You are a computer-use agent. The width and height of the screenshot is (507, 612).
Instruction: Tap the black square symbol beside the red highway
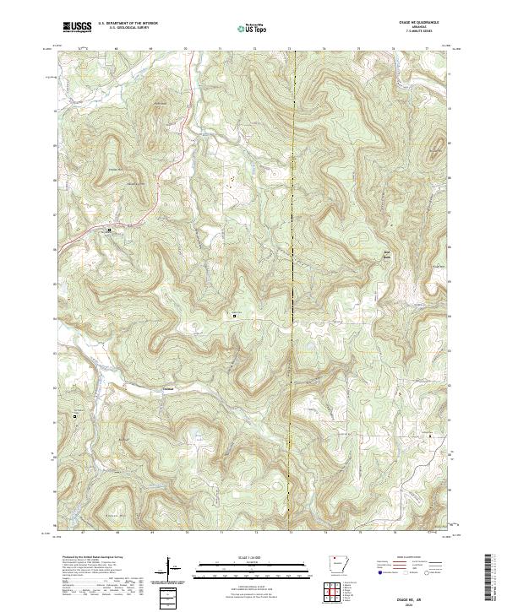pyautogui.click(x=108, y=230)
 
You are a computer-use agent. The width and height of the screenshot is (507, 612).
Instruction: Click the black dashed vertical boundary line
pyautogui.click(x=292, y=253)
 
